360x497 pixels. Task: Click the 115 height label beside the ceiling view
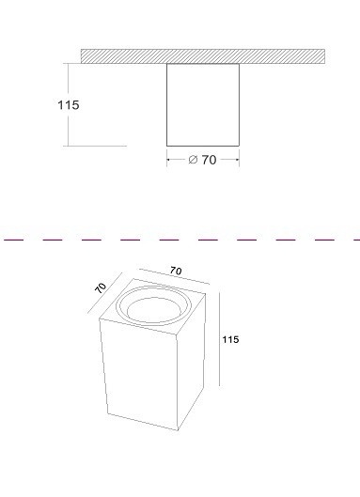[69, 105]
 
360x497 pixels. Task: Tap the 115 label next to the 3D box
[230, 339]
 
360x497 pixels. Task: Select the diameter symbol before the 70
[193, 160]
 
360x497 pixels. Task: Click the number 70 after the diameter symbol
[209, 160]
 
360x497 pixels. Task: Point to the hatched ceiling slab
[203, 56]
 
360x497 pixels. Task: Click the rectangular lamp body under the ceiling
[203, 105]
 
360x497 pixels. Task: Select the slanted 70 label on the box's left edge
[101, 287]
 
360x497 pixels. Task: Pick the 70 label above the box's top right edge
[176, 271]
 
